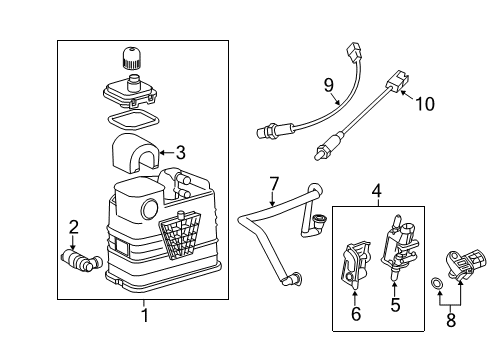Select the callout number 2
[73, 227]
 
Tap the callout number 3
[180, 153]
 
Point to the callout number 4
[377, 190]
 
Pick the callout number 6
[354, 314]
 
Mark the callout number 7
[271, 183]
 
